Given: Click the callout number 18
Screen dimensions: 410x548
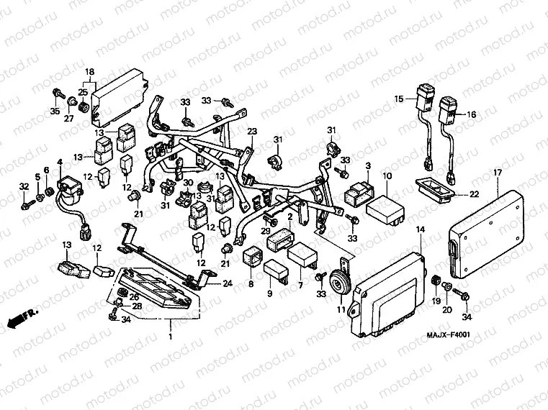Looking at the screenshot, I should (x=90, y=72).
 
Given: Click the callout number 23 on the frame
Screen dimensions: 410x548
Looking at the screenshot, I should (x=253, y=132).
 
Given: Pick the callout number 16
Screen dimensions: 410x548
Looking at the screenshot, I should (x=472, y=115).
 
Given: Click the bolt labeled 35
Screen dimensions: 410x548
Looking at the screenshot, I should (x=55, y=93).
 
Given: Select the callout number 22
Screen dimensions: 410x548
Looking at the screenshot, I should (x=473, y=195).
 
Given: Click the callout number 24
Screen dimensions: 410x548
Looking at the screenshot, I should (x=228, y=283).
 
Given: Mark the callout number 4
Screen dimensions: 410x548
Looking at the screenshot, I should (x=60, y=162).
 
